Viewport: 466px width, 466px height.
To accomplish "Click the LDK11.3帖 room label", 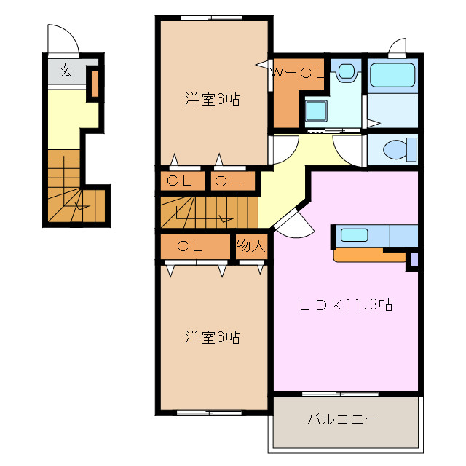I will coord(347,305).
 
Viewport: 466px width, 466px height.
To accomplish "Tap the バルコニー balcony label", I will coord(341,419).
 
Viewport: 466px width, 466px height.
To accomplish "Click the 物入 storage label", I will coord(250,245).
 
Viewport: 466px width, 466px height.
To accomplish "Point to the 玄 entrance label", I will coord(65,71).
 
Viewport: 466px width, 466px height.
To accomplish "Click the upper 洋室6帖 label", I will coord(212,100).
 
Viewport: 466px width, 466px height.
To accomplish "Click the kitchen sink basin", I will coord(355,234).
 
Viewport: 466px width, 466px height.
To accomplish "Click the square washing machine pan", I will coord(316,111).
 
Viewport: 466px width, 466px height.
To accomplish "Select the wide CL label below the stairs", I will coord(188,246).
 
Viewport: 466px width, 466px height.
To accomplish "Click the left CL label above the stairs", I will coord(178,181).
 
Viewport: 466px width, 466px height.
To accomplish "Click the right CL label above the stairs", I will coord(228,181).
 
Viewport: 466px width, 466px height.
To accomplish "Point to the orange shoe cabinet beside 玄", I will coord(94,83).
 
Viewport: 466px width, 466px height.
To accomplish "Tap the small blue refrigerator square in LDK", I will coord(414,258).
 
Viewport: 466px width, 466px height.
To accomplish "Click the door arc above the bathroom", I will coord(397,48).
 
